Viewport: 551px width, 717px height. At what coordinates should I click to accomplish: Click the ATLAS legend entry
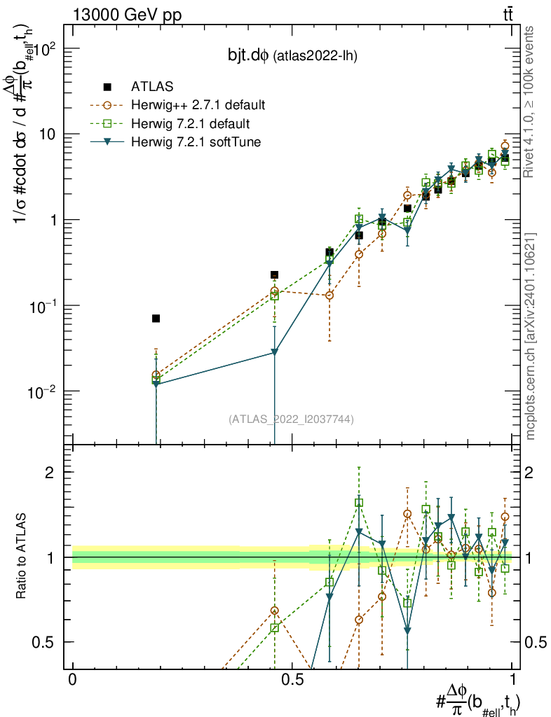click(x=147, y=87)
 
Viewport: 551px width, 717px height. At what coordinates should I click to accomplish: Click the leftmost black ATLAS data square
click(x=156, y=319)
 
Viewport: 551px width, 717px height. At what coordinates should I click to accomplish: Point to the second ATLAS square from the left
click(x=275, y=274)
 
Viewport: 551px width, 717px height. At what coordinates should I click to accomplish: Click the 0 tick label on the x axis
click(x=72, y=679)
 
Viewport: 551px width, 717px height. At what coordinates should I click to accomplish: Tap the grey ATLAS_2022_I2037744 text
click(x=291, y=419)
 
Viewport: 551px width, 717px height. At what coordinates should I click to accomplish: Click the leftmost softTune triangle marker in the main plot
click(x=156, y=384)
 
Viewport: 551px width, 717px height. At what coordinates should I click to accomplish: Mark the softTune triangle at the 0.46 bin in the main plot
click(x=275, y=353)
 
